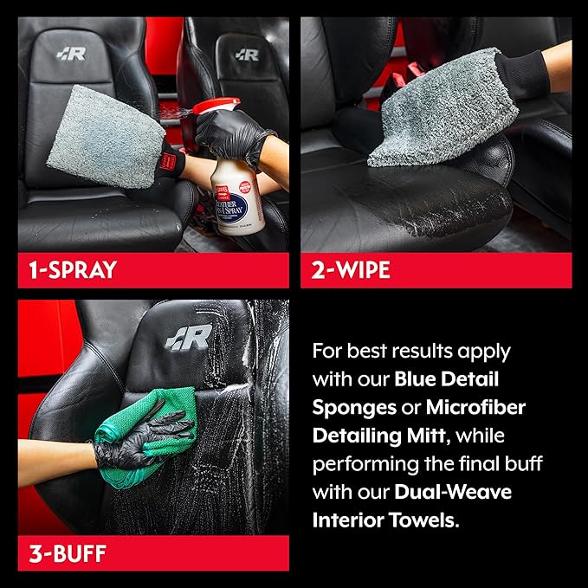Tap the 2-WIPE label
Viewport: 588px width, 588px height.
pos(351,270)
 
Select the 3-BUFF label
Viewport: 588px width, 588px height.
pos(68,552)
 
